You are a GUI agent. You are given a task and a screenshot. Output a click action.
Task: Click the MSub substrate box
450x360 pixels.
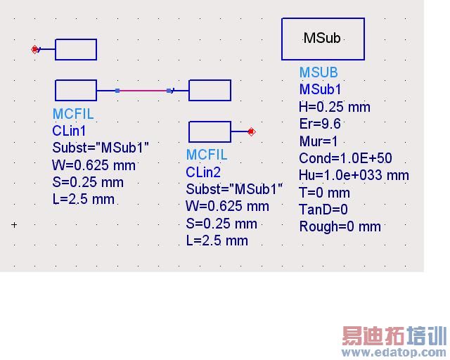pos(323,39)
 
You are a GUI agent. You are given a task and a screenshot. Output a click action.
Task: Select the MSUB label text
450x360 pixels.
pos(318,72)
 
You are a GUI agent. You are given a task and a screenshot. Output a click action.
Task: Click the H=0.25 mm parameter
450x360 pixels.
pos(334,107)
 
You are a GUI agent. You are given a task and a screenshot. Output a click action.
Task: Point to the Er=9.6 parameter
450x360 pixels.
pos(320,124)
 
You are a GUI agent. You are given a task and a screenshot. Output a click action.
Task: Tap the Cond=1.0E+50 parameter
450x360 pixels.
pos(345,158)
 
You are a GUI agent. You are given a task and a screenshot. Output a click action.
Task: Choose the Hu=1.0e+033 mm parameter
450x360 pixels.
pos(354,175)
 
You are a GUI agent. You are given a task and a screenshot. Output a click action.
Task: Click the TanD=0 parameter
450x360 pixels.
pos(323,210)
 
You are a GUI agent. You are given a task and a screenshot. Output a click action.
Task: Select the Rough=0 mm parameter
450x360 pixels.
pos(340,226)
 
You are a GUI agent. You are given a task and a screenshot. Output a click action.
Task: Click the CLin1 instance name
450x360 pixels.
pos(69,131)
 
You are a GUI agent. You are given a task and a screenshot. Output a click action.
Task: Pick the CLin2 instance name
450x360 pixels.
pos(203,172)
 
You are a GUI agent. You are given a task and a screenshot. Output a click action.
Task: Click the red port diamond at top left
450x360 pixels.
pos(34,49)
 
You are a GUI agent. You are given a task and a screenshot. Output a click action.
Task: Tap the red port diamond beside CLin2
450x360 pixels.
pos(252,131)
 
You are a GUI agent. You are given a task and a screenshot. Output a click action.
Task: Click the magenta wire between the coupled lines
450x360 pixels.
pos(143,90)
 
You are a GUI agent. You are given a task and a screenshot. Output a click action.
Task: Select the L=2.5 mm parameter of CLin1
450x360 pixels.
pos(83,199)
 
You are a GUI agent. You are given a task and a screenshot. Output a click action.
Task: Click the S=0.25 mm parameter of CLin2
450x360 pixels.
pos(221,224)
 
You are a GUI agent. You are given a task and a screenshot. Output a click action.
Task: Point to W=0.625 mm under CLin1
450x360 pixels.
pos(94,165)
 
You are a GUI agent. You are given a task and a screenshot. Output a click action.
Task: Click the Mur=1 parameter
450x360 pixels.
pos(319,141)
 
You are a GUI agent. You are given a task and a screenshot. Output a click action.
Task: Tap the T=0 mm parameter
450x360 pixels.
pos(324,193)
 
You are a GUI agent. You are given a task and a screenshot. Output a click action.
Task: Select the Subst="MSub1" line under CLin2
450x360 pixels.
pos(234,189)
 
